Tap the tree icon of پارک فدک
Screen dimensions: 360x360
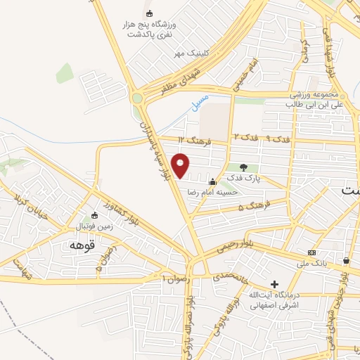point(243,167)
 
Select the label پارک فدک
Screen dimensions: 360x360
point(247,179)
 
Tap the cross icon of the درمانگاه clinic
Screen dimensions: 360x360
point(275,283)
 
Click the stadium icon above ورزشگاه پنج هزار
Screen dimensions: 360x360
point(148,13)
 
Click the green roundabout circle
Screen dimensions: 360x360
point(136,99)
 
